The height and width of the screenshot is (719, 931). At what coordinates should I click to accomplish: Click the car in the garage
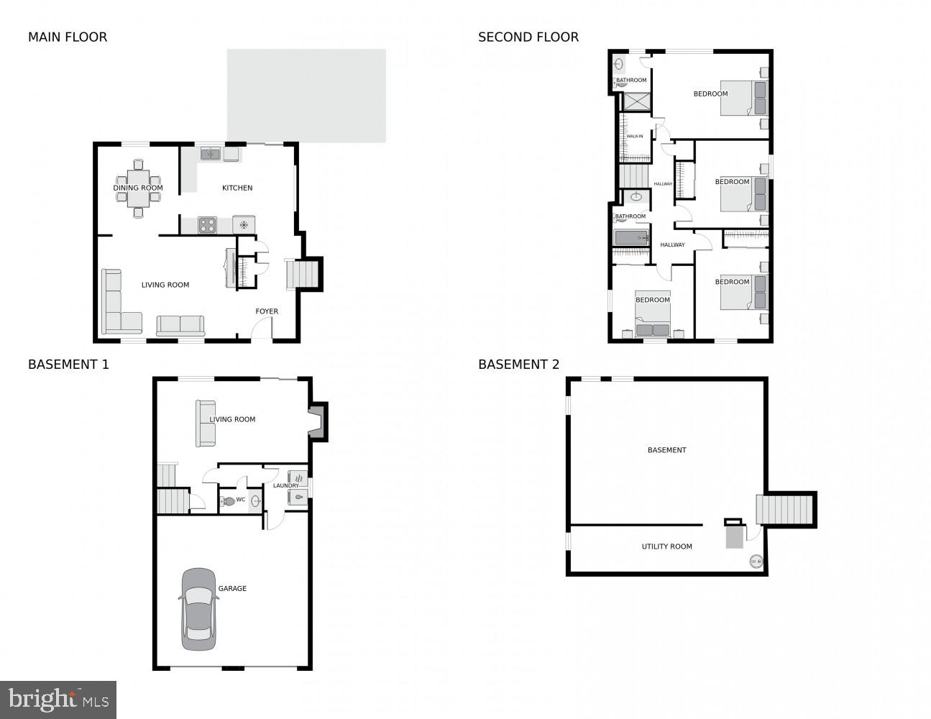[198, 609]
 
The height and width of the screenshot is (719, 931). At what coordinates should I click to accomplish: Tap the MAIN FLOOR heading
[68, 37]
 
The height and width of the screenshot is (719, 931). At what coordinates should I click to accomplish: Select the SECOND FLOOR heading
[528, 37]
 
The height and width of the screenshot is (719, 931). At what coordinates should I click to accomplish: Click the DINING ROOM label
[138, 188]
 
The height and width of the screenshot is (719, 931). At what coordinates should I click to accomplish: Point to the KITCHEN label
[237, 188]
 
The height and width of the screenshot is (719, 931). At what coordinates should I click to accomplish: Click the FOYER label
[267, 312]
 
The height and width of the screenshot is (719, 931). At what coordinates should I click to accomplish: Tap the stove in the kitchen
[207, 225]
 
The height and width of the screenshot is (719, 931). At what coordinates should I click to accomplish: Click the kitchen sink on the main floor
[211, 154]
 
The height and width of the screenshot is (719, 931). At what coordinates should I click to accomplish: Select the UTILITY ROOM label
[666, 547]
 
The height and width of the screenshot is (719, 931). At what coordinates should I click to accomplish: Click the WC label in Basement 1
[241, 500]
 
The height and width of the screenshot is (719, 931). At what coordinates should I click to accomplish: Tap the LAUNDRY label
[285, 486]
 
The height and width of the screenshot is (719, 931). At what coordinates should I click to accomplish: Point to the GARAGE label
[232, 589]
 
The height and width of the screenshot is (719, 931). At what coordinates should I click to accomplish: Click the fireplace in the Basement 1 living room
[317, 421]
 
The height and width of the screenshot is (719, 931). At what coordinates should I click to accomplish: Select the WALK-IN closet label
[635, 137]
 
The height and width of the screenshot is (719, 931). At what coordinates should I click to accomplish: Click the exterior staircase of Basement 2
[786, 510]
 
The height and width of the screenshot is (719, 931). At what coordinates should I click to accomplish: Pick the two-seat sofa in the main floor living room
[180, 325]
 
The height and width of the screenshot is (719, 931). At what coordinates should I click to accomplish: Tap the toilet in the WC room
[228, 501]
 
